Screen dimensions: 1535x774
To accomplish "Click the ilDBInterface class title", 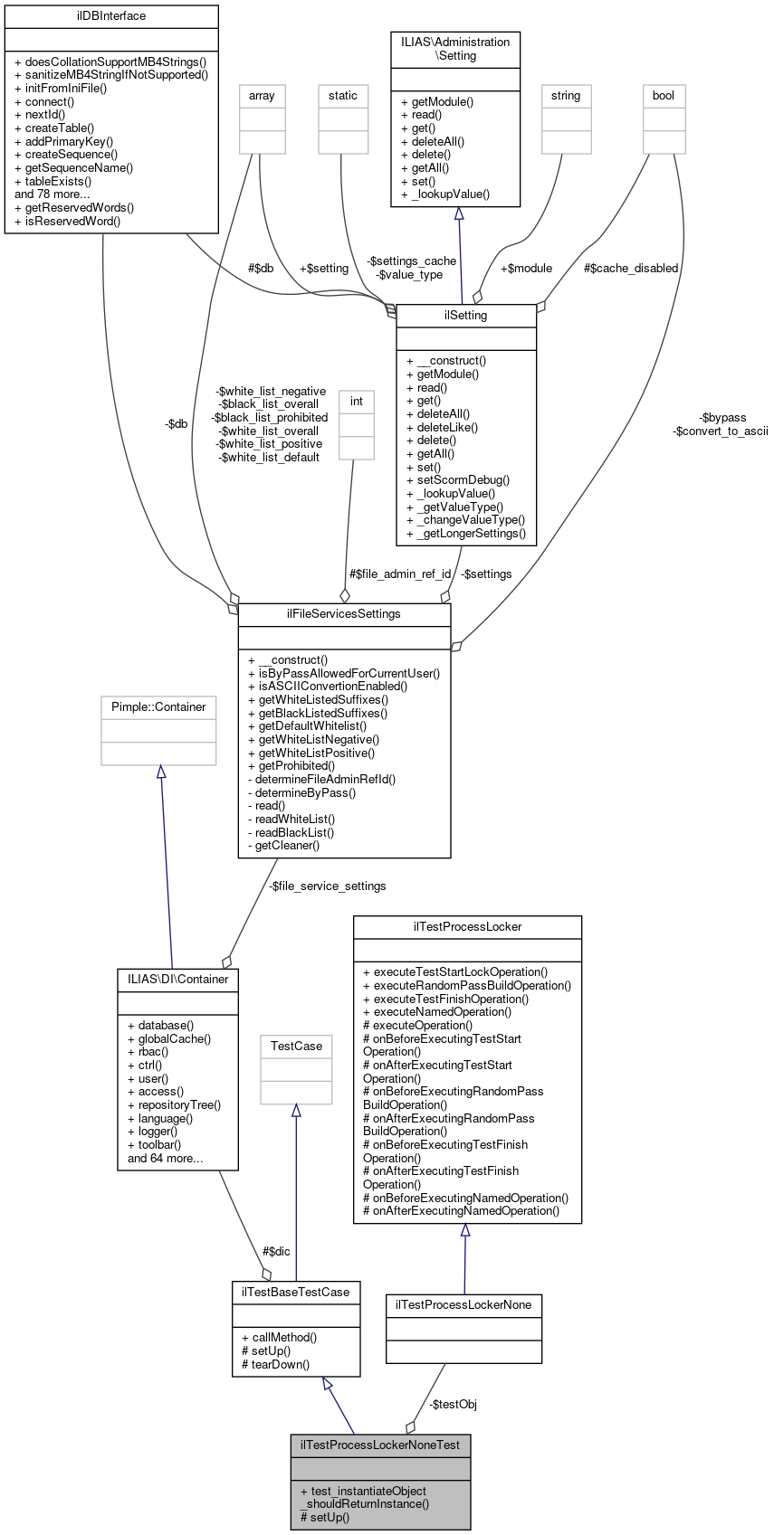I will (111, 16).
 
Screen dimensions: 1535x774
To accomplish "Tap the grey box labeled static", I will (343, 96).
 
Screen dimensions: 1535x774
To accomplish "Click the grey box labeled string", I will (566, 96).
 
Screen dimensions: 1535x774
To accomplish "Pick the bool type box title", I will (664, 96).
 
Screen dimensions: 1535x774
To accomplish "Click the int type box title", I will (357, 402).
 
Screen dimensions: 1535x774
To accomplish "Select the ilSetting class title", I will (466, 316).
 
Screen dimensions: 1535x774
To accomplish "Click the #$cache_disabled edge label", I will (631, 268).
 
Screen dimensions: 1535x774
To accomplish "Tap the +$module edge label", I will (526, 268).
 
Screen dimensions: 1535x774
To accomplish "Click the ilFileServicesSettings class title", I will (343, 614).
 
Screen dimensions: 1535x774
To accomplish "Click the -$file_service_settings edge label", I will (328, 886).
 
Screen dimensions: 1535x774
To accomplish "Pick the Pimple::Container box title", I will (158, 707).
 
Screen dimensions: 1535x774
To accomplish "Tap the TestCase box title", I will (296, 1047).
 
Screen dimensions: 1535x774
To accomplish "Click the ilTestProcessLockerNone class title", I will (464, 1305).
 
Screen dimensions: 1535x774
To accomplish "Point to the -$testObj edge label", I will (453, 1404).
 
